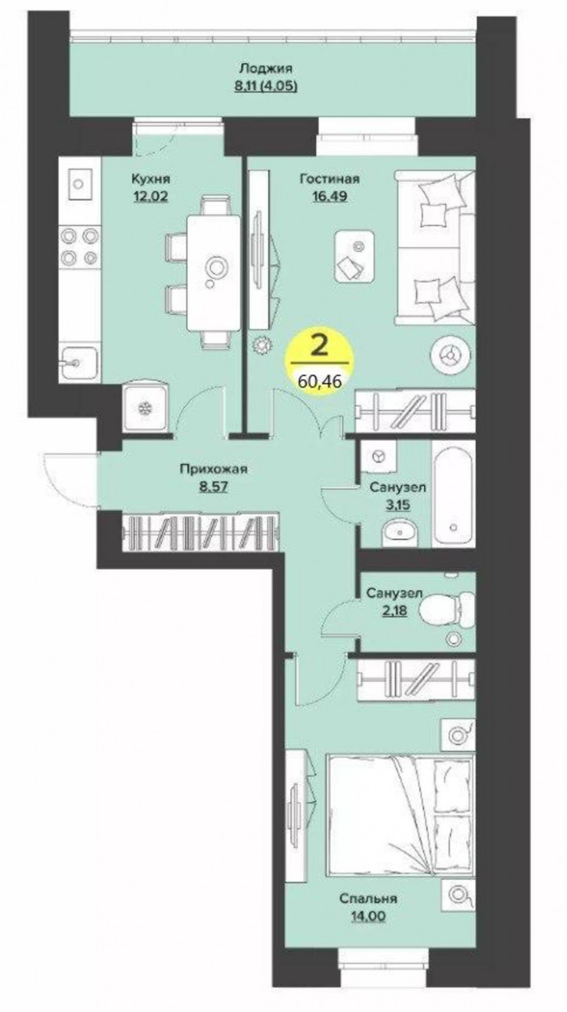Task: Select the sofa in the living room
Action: pos(435,246)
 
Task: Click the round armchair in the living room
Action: pos(449,355)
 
